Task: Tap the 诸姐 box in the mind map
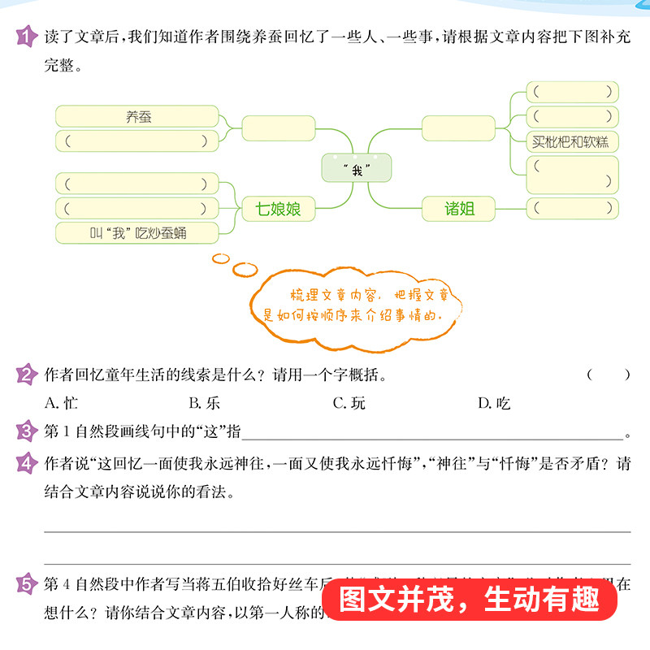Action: click(x=458, y=210)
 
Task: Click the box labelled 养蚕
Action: click(x=137, y=116)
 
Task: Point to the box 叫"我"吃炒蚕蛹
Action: click(x=137, y=234)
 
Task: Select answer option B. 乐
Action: click(x=204, y=402)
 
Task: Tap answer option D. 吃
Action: click(x=493, y=402)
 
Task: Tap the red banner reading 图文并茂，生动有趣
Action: click(x=470, y=602)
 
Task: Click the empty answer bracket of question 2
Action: click(x=608, y=375)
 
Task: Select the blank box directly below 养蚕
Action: click(x=137, y=141)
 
